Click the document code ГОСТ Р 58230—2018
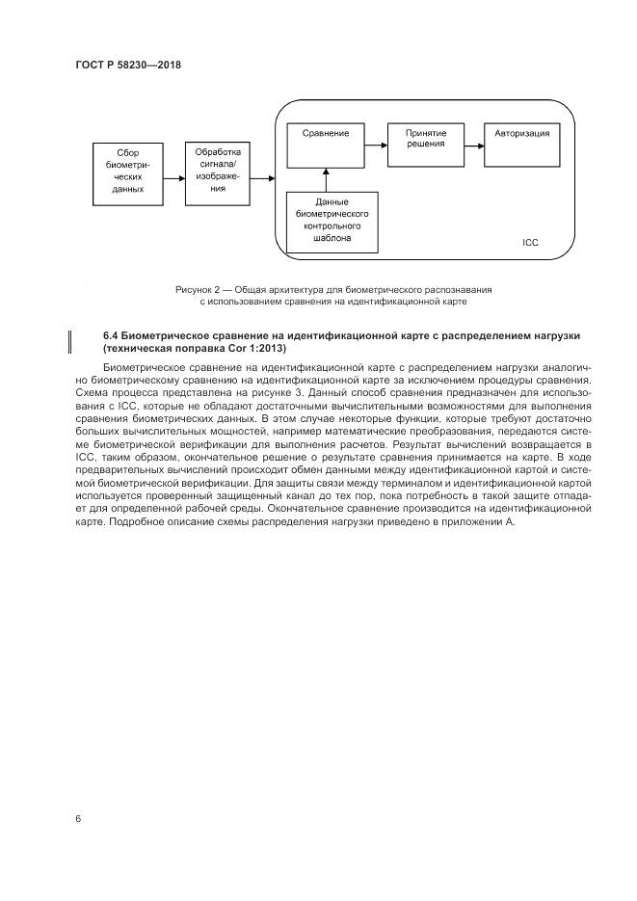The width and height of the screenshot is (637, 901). tap(128, 66)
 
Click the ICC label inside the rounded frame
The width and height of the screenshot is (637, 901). tap(529, 242)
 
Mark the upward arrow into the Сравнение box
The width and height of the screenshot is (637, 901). tap(327, 179)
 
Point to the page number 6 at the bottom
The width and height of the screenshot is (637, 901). tap(77, 818)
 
